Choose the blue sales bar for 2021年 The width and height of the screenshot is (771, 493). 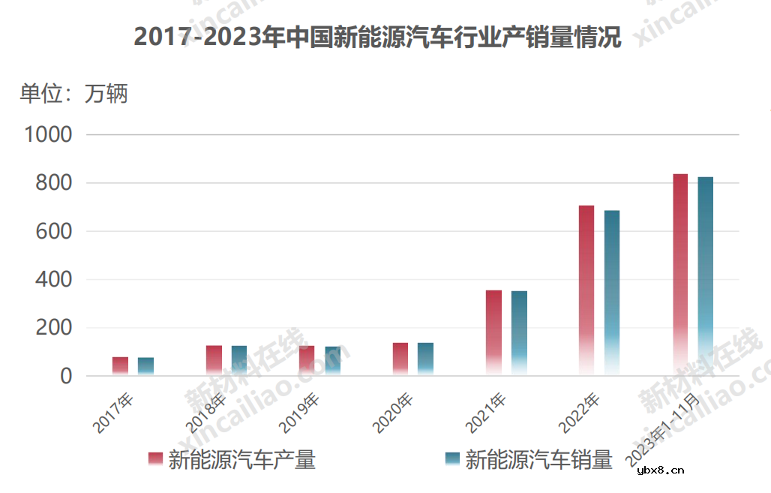pos(519,333)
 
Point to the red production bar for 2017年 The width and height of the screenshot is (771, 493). pos(120,366)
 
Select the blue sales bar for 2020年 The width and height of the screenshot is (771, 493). pos(425,359)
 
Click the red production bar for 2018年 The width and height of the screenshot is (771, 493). pos(214,360)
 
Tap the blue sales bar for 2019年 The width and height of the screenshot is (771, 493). pos(332,361)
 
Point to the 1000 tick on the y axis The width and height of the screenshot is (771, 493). pos(48,135)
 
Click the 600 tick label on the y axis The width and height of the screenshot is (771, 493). pos(55,232)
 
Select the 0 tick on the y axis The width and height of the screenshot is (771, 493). pos(66,376)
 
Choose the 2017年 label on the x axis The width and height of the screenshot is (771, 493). pos(113,413)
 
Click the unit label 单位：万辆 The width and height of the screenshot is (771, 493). pos(73,94)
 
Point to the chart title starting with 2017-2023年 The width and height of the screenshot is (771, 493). pos(377,37)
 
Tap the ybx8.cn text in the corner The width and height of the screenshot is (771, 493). pos(660,471)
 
